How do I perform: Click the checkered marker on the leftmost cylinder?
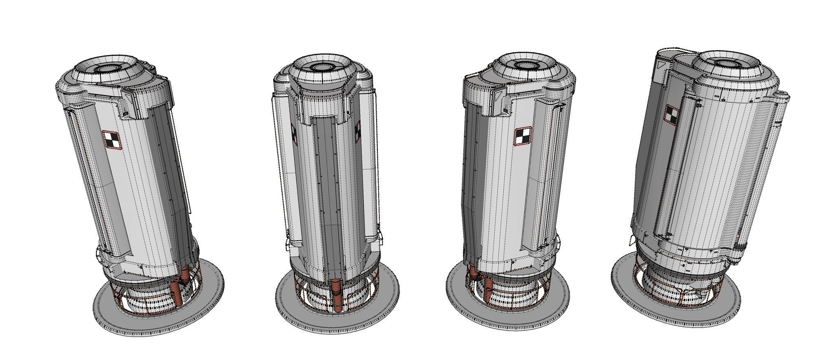(x=112, y=139)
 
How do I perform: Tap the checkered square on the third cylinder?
(x=523, y=136)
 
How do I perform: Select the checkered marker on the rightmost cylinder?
(x=672, y=114)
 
